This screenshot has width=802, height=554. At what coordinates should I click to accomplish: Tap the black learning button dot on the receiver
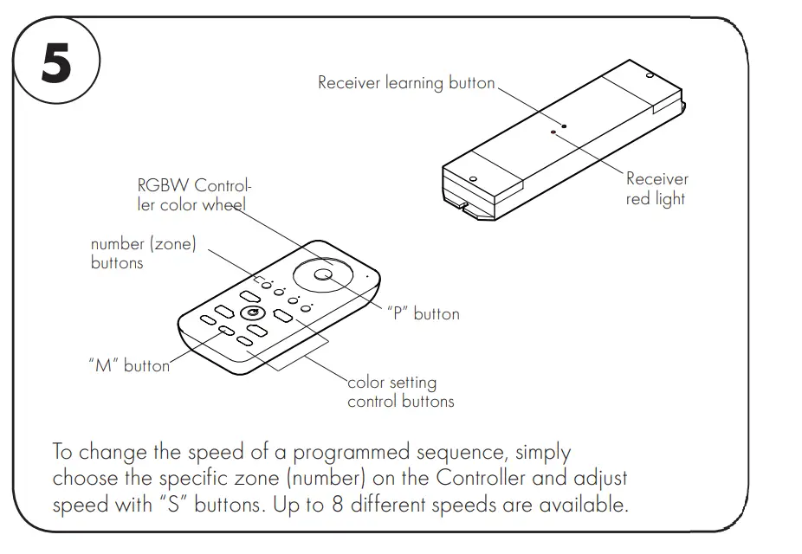pyautogui.click(x=564, y=126)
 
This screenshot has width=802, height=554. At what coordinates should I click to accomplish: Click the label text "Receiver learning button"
pyautogui.click(x=406, y=83)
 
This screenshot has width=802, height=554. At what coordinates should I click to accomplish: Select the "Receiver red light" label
pyautogui.click(x=656, y=189)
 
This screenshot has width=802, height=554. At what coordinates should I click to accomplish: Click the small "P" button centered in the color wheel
pyautogui.click(x=323, y=274)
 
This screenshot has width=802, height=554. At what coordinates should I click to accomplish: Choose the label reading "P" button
pyautogui.click(x=423, y=313)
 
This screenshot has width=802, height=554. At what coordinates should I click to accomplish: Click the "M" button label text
pyautogui.click(x=129, y=365)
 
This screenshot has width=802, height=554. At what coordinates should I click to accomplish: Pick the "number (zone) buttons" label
pyautogui.click(x=143, y=253)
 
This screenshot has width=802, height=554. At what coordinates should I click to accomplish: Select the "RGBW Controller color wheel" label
pyautogui.click(x=195, y=195)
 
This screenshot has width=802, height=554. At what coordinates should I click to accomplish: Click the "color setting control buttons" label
pyautogui.click(x=400, y=391)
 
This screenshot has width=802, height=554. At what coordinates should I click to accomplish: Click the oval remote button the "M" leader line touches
pyautogui.click(x=225, y=331)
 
